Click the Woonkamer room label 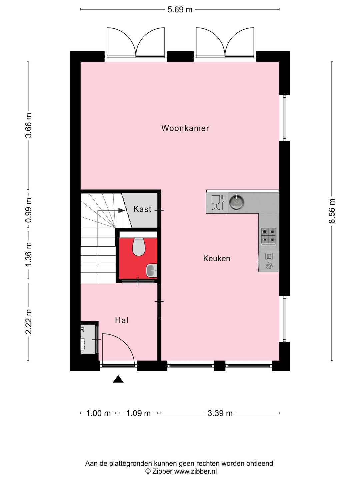click(x=185, y=128)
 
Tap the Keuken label click(x=217, y=259)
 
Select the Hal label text click(x=122, y=320)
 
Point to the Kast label click(x=142, y=209)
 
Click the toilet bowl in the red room click(x=139, y=247)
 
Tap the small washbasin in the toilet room click(x=151, y=270)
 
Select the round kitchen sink click(x=236, y=202)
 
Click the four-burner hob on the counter click(x=268, y=235)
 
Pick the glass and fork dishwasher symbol click(x=218, y=202)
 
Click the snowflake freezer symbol click(x=269, y=266)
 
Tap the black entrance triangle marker click(x=118, y=379)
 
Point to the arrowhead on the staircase click(x=121, y=211)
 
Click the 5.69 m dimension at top click(x=180, y=10)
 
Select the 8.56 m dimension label click(x=332, y=211)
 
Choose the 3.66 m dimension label click(x=29, y=125)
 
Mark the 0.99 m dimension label click(x=29, y=211)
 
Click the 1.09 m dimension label click(x=138, y=413)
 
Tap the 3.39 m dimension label click(x=220, y=413)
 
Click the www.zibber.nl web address click(x=195, y=471)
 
